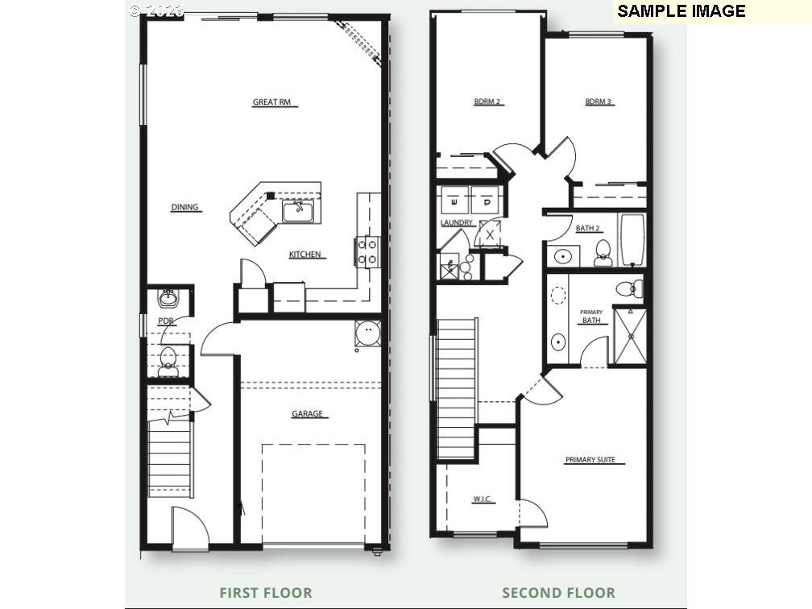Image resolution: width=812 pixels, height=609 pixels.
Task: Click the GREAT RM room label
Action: (271, 102)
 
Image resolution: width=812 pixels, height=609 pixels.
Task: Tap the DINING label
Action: (184, 208)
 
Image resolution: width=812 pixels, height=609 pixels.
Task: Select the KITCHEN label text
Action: (306, 255)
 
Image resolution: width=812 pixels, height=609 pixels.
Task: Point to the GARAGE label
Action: (307, 414)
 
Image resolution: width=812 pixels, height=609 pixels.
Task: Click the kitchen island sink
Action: (297, 212)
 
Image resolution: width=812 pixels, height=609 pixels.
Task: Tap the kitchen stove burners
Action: (367, 251)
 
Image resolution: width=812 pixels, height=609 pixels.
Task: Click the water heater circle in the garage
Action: (368, 331)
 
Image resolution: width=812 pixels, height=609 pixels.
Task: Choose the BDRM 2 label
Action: (487, 102)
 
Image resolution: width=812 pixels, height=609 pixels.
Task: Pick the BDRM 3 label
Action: (599, 102)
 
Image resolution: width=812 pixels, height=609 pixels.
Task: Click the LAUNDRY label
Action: (457, 223)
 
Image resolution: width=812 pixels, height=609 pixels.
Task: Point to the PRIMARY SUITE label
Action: (590, 460)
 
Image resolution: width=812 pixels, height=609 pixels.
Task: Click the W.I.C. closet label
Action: (483, 500)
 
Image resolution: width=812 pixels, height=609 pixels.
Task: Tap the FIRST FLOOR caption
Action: (266, 593)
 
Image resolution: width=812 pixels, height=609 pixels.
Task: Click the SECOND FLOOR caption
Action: (558, 593)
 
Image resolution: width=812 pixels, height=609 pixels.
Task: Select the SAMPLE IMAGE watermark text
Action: (681, 11)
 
